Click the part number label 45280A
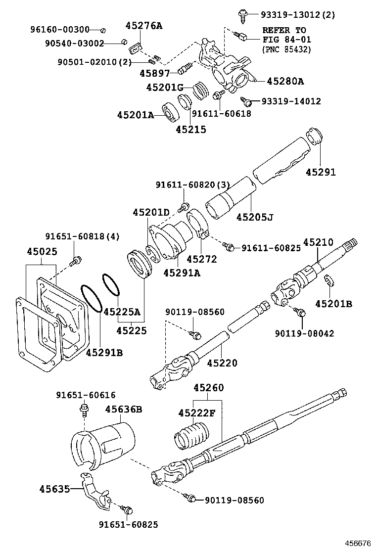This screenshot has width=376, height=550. pyautogui.click(x=285, y=81)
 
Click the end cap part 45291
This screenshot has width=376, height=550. pyautogui.click(x=315, y=136)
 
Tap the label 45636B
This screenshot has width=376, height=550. pyautogui.click(x=124, y=409)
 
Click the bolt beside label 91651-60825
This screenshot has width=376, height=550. pyautogui.click(x=128, y=509)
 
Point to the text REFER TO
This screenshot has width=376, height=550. pyautogui.click(x=284, y=30)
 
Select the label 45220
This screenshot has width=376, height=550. pyautogui.click(x=222, y=363)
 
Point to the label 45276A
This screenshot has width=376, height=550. pyautogui.click(x=143, y=25)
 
